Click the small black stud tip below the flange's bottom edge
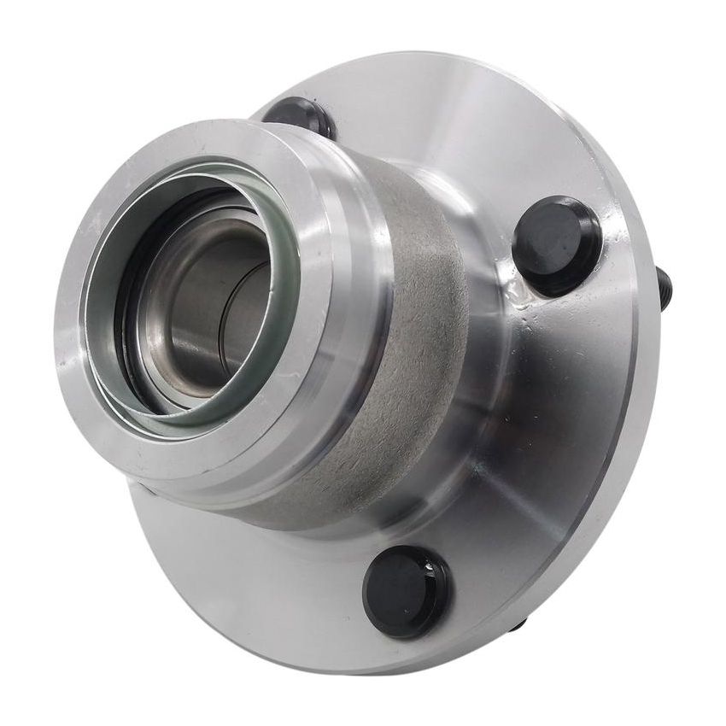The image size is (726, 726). tap(518, 626)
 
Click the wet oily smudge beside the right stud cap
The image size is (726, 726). tap(521, 295)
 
